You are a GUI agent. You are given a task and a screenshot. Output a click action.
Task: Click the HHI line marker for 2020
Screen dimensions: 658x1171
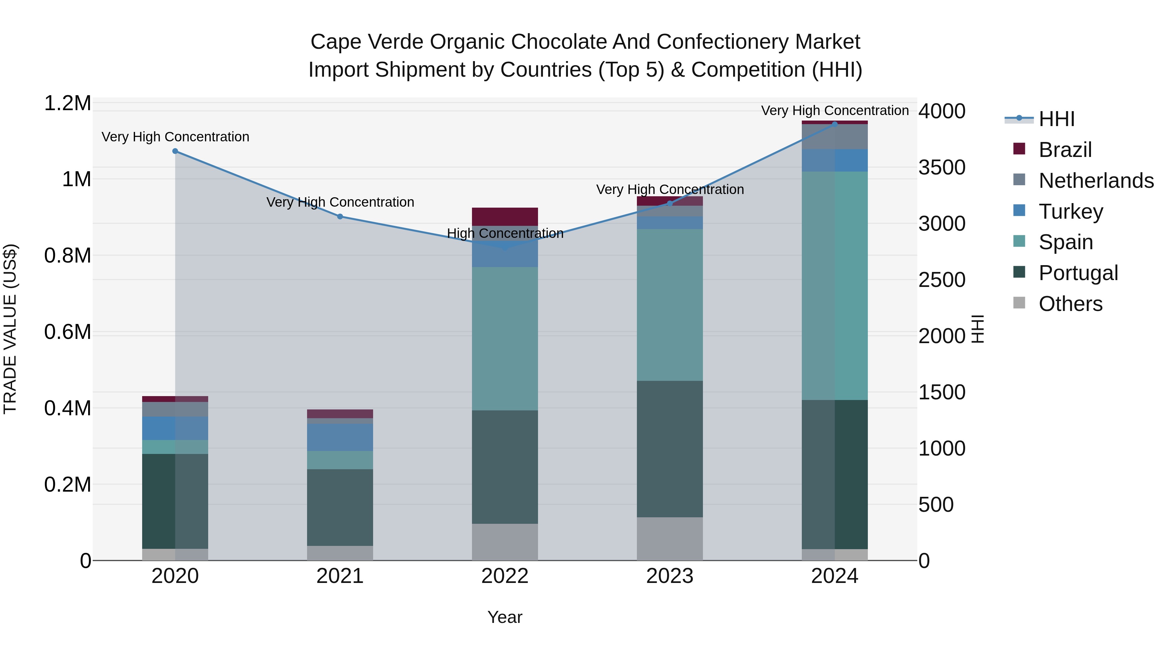tap(175, 151)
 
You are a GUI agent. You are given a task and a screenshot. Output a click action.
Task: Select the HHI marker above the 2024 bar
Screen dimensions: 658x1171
tap(835, 123)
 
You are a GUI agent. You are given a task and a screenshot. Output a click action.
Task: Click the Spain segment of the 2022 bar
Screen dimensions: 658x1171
tap(505, 339)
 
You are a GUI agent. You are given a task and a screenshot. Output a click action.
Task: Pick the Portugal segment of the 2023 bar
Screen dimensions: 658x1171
tap(670, 449)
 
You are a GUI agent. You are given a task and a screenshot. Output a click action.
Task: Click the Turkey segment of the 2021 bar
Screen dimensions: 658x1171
tap(340, 437)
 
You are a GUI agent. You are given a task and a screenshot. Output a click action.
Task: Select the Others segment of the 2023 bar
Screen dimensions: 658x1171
tap(670, 538)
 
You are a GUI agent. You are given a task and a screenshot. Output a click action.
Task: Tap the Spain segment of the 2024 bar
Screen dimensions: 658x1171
tap(835, 286)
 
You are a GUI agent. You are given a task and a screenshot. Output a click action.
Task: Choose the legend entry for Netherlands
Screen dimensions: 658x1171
tap(1096, 181)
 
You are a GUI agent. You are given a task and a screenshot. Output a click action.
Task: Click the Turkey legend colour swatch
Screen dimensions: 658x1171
tap(1019, 210)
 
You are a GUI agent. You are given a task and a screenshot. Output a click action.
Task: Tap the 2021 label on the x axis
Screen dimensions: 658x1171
tap(340, 576)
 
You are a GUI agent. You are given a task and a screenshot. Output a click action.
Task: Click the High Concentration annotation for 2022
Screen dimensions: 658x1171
tap(505, 233)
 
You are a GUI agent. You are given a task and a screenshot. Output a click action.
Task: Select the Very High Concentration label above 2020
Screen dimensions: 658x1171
tap(175, 137)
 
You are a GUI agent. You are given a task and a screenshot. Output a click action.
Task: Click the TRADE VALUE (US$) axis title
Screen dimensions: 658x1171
tap(10, 329)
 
